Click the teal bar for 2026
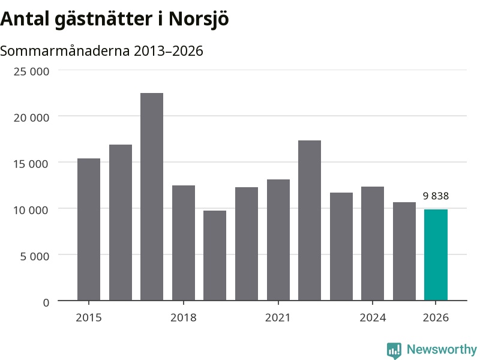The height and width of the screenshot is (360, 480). [x=436, y=254]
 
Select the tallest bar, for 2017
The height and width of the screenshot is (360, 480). [x=152, y=197]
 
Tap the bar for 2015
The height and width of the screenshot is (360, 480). [x=89, y=229]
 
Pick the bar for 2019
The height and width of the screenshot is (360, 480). [x=215, y=256]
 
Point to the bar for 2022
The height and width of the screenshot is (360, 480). [x=310, y=220]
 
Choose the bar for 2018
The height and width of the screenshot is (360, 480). [x=184, y=243]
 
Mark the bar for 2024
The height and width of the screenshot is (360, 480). [x=373, y=244]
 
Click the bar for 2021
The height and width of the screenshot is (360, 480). [x=278, y=240]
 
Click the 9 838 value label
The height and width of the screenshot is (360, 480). [x=436, y=196]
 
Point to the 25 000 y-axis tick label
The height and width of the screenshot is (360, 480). [x=31, y=71]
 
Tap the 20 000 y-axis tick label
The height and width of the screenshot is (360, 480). [x=31, y=118]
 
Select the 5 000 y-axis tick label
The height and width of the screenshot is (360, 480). [x=35, y=256]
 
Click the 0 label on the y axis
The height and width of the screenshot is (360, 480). [x=46, y=303]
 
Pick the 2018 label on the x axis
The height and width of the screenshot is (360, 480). [x=184, y=318]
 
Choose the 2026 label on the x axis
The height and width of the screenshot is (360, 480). [x=436, y=318]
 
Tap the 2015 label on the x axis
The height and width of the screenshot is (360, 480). [x=89, y=318]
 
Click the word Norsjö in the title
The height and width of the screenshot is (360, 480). [x=199, y=19]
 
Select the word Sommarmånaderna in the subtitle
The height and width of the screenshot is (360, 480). [x=65, y=51]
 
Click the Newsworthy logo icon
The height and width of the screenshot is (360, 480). [x=394, y=350]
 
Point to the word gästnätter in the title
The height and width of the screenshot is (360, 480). [x=103, y=20]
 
